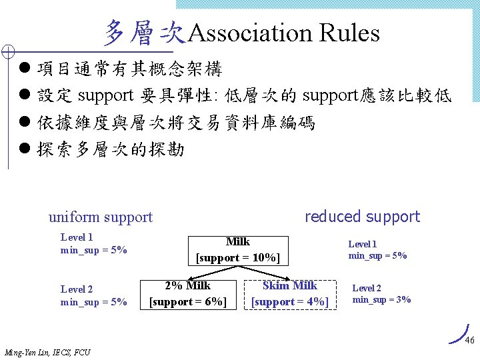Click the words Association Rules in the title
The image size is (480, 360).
pos(284,33)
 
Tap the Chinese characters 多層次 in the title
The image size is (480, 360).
pos(143,32)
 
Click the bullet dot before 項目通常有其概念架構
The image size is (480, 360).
pos(25,69)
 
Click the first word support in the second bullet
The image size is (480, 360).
pos(107,96)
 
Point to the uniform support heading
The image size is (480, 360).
pos(101,217)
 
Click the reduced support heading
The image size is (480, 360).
pos(362,217)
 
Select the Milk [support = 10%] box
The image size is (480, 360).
pos(238,249)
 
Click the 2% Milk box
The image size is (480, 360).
pos(188,294)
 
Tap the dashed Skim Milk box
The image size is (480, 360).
pos(290,294)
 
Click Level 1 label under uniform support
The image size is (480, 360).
pos(77,237)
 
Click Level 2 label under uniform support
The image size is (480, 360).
pos(77,289)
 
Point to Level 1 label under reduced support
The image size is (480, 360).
pos(363,245)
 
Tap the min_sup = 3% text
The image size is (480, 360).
pos(381,300)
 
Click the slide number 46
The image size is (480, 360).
pos(469,341)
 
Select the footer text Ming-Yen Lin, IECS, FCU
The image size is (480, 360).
pos(47,352)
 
